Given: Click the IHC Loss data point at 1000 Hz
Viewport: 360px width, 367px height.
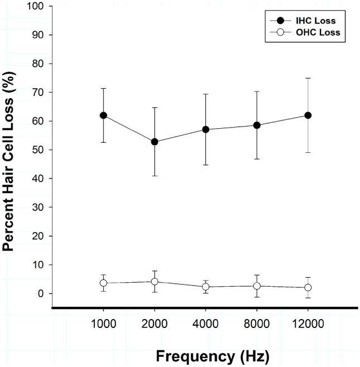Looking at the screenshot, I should [x=103, y=115].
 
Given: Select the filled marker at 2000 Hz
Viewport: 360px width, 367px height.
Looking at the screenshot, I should [x=155, y=142].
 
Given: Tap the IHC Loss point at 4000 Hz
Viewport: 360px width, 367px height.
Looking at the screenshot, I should [x=205, y=129].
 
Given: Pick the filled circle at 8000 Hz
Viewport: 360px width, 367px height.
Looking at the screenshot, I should [x=257, y=125].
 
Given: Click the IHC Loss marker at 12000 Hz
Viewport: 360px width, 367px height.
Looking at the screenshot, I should [x=308, y=115].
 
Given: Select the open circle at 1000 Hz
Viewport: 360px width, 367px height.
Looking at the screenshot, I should [x=103, y=283].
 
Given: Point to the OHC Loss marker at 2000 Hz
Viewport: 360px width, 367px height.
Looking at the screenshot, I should [x=155, y=282].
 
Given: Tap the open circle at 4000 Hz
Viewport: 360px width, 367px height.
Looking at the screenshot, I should [x=205, y=287].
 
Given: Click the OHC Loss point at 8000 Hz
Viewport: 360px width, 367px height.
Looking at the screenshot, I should [x=257, y=286].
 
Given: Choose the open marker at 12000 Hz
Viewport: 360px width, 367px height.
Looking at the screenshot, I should [x=308, y=288].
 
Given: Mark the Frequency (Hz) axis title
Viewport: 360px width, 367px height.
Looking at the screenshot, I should [x=205, y=355].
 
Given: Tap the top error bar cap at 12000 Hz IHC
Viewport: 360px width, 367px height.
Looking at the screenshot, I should [x=308, y=78].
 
